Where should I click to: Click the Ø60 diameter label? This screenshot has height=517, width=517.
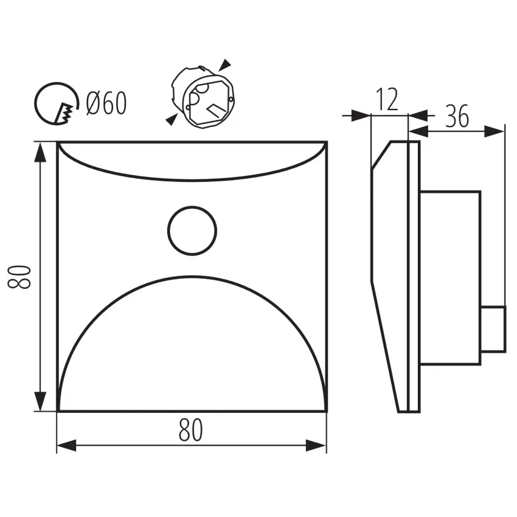(x=106, y=103)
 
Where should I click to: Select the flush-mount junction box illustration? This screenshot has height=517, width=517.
(x=203, y=97)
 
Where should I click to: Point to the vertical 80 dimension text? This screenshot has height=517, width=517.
(x=19, y=277)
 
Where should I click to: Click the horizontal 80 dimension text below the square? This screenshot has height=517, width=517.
(x=190, y=430)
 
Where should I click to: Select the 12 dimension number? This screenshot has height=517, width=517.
(x=387, y=99)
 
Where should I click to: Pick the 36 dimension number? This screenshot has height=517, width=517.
(x=457, y=116)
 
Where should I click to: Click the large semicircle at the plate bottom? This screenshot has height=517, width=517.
(x=193, y=277)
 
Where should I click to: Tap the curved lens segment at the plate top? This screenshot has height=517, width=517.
(x=192, y=179)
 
